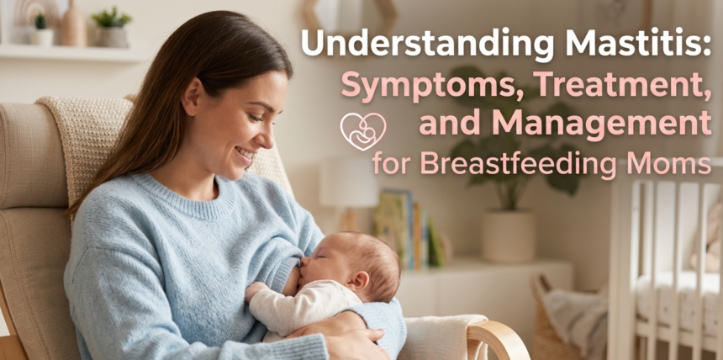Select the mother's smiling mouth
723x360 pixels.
click(245, 155)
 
